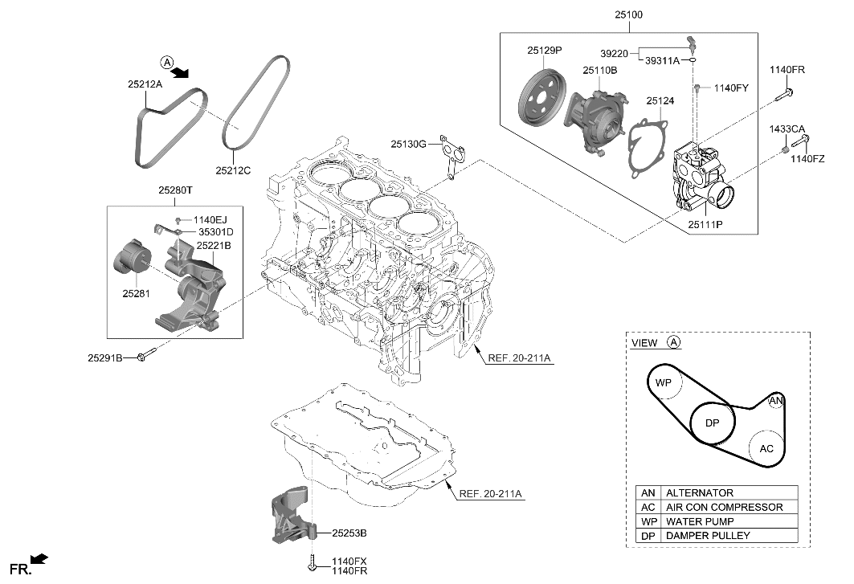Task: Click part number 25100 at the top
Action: (x=628, y=15)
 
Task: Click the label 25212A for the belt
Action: (x=144, y=83)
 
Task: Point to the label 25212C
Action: (x=233, y=170)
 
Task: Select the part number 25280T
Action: (x=174, y=190)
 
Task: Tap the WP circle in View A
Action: (x=664, y=383)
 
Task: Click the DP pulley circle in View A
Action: (x=712, y=423)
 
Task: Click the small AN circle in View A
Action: (x=775, y=400)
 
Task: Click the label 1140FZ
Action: (x=808, y=158)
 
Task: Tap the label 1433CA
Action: (x=787, y=129)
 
